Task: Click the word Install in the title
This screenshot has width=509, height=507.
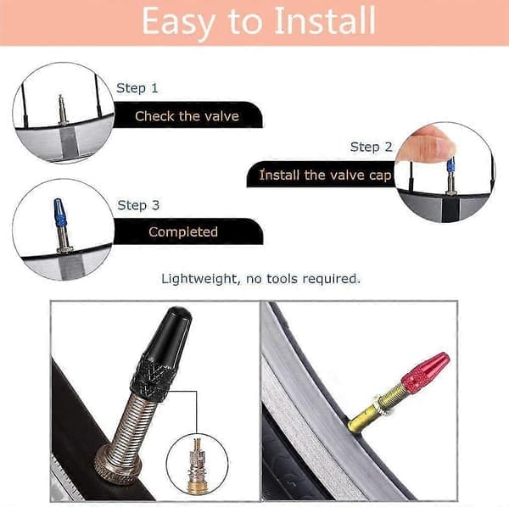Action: pos(325,20)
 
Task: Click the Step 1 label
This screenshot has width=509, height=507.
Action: pos(137,88)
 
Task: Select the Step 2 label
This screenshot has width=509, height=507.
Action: pos(372,147)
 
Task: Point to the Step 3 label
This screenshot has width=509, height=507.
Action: pos(138,205)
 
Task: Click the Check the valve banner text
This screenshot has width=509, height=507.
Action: pos(187,116)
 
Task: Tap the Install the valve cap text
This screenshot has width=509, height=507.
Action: pos(325,175)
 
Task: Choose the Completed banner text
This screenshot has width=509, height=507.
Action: pos(183,232)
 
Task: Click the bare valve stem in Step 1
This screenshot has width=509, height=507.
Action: pos(62,109)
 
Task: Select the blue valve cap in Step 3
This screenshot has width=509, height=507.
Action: pos(59,213)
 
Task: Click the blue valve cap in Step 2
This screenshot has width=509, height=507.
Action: pos(450,165)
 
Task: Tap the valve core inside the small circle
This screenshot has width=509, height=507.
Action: pos(198,465)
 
